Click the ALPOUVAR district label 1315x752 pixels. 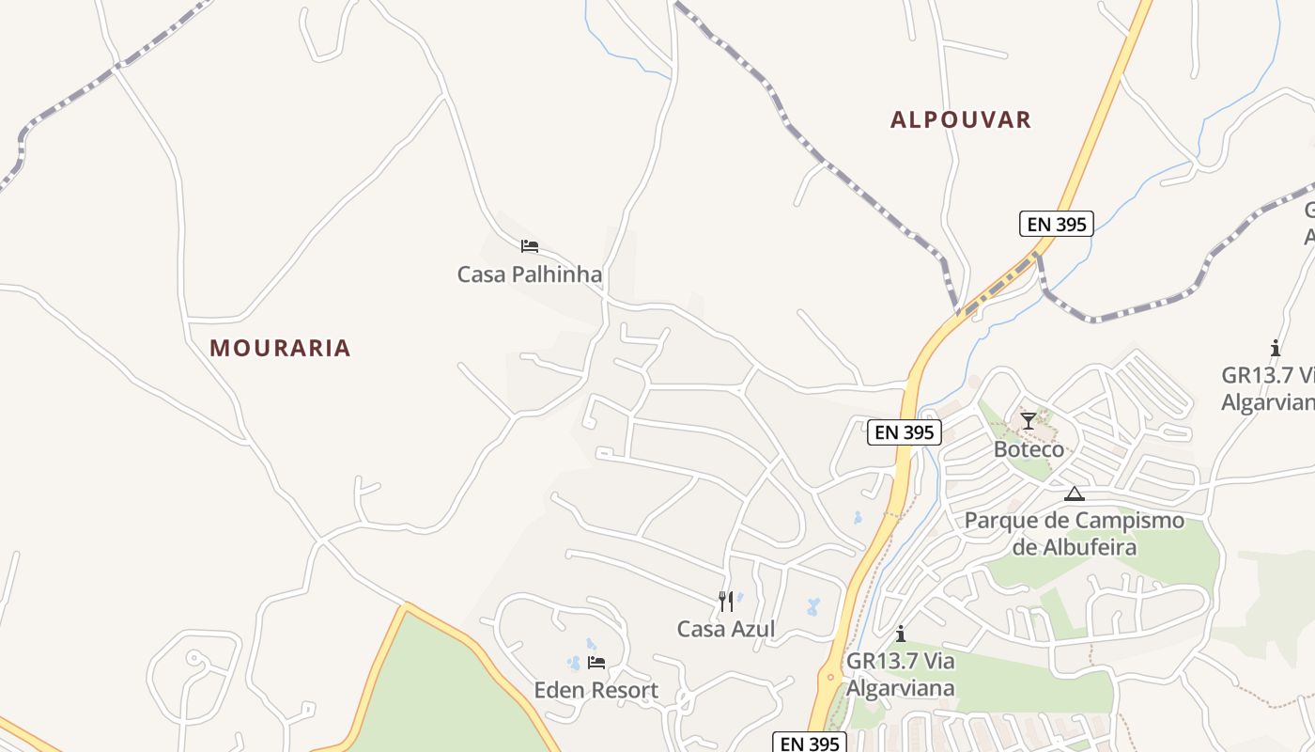(x=961, y=119)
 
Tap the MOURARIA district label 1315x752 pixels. (x=280, y=348)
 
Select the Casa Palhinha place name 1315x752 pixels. (x=529, y=274)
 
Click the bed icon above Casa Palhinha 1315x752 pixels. (x=530, y=246)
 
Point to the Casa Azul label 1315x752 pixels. (x=726, y=629)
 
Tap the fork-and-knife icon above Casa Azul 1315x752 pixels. (x=725, y=601)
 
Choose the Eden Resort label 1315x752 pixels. (x=596, y=690)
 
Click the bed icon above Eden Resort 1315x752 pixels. (x=596, y=662)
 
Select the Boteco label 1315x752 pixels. (x=1029, y=448)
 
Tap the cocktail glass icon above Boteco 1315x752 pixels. (x=1029, y=420)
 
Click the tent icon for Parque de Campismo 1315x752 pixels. (x=1074, y=493)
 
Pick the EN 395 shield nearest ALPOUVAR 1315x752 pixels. (x=1056, y=224)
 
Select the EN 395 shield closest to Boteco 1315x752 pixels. (x=904, y=431)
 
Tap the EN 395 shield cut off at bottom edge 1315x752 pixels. (x=810, y=743)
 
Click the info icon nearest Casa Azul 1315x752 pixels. (x=901, y=634)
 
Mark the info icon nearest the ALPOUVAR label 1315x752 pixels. (x=1275, y=348)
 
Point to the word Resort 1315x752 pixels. (x=624, y=690)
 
